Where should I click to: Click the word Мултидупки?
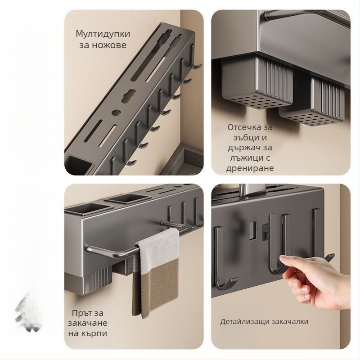tap(103, 34)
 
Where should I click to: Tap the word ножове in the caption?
tap(109, 45)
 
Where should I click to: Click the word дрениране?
tap(250, 168)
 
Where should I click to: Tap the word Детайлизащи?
tap(244, 322)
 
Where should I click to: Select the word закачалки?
tap(290, 321)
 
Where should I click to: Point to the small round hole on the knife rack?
tap(116, 112)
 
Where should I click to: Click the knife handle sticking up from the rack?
tap(245, 190)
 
